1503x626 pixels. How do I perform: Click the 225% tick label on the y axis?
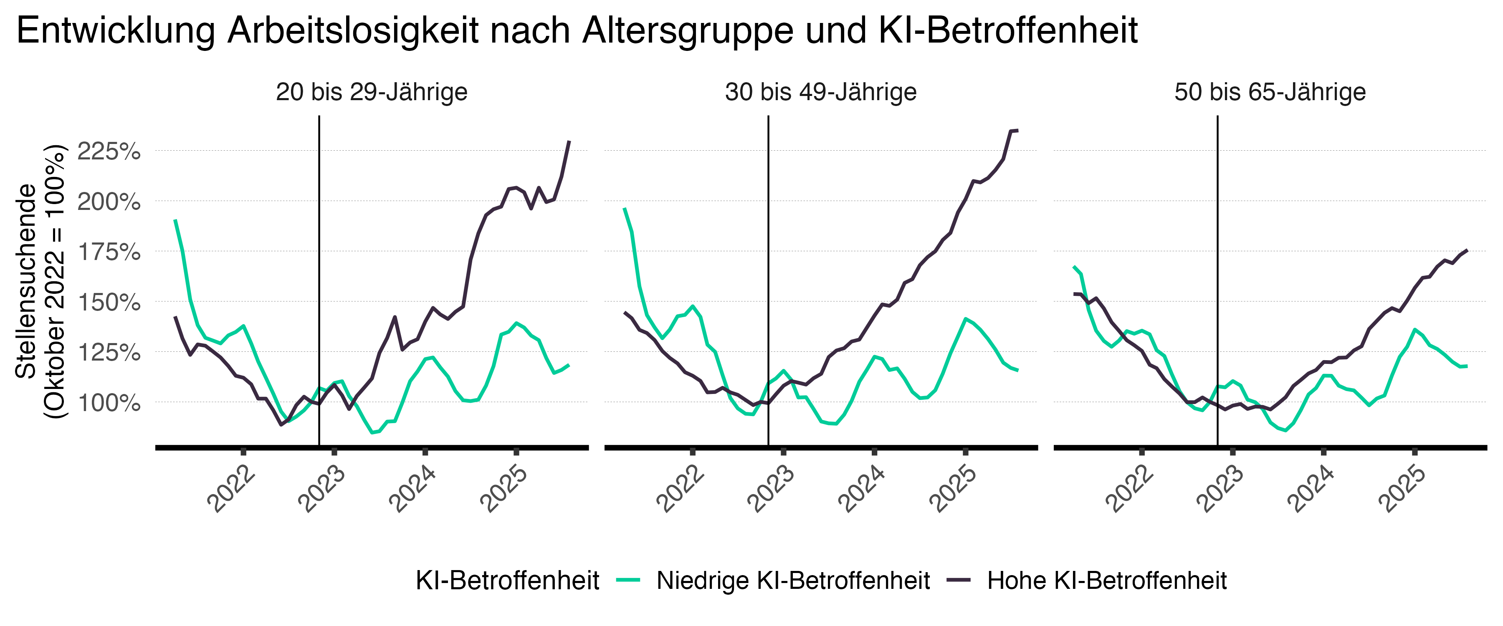click(x=109, y=151)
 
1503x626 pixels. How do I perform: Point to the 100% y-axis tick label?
click(x=109, y=403)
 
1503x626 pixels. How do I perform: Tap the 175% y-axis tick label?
click(x=109, y=252)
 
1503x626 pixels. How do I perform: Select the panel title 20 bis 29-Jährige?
click(x=372, y=92)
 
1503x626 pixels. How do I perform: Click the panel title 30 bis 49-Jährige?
click(x=820, y=92)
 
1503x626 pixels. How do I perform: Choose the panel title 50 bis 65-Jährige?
click(x=1270, y=92)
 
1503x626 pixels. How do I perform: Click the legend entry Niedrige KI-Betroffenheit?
click(x=793, y=581)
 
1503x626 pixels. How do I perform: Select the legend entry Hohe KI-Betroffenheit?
click(x=1106, y=581)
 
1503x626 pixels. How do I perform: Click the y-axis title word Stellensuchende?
click(x=25, y=281)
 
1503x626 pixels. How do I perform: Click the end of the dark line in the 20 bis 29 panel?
click(x=569, y=141)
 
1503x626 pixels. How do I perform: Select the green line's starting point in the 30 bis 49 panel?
click(x=624, y=208)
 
